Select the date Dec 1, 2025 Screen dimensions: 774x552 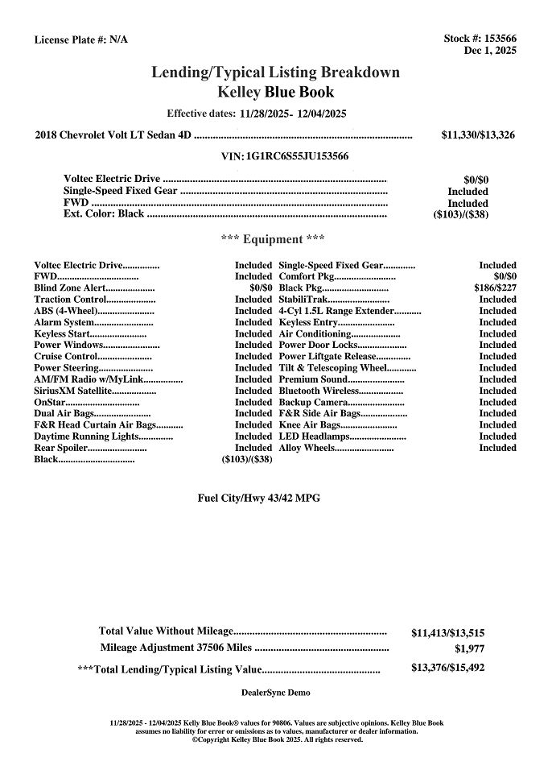490,50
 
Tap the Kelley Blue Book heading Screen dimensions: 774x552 276,92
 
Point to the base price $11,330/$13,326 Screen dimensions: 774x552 478,135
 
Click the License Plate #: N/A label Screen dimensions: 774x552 80,39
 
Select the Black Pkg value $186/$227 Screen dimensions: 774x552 495,288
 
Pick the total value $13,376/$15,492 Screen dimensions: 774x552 447,668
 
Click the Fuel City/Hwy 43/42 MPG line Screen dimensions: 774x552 258,498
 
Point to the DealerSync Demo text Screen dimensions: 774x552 275,693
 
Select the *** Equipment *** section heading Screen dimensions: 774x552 273,239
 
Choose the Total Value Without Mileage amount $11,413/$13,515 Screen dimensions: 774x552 447,633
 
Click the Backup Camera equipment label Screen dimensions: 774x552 313,402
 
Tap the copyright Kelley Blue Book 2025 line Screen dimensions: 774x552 277,739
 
